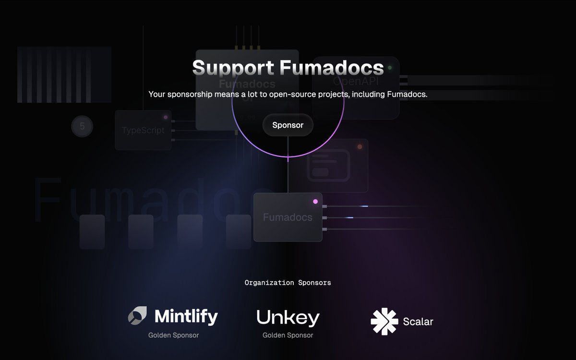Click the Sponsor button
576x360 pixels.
288,125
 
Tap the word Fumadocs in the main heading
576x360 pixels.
332,67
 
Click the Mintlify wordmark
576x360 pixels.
186,316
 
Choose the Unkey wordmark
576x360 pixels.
288,318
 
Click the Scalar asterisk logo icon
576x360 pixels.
384,321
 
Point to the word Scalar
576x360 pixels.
418,322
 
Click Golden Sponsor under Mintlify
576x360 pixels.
173,335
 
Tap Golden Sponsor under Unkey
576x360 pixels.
288,335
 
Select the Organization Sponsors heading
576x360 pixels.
288,283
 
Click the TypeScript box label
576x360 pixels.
143,131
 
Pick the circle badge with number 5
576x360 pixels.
82,127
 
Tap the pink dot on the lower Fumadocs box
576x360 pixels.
315,202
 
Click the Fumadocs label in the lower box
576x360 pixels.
288,217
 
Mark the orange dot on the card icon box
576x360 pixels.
360,146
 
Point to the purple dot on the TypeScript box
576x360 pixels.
166,117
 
